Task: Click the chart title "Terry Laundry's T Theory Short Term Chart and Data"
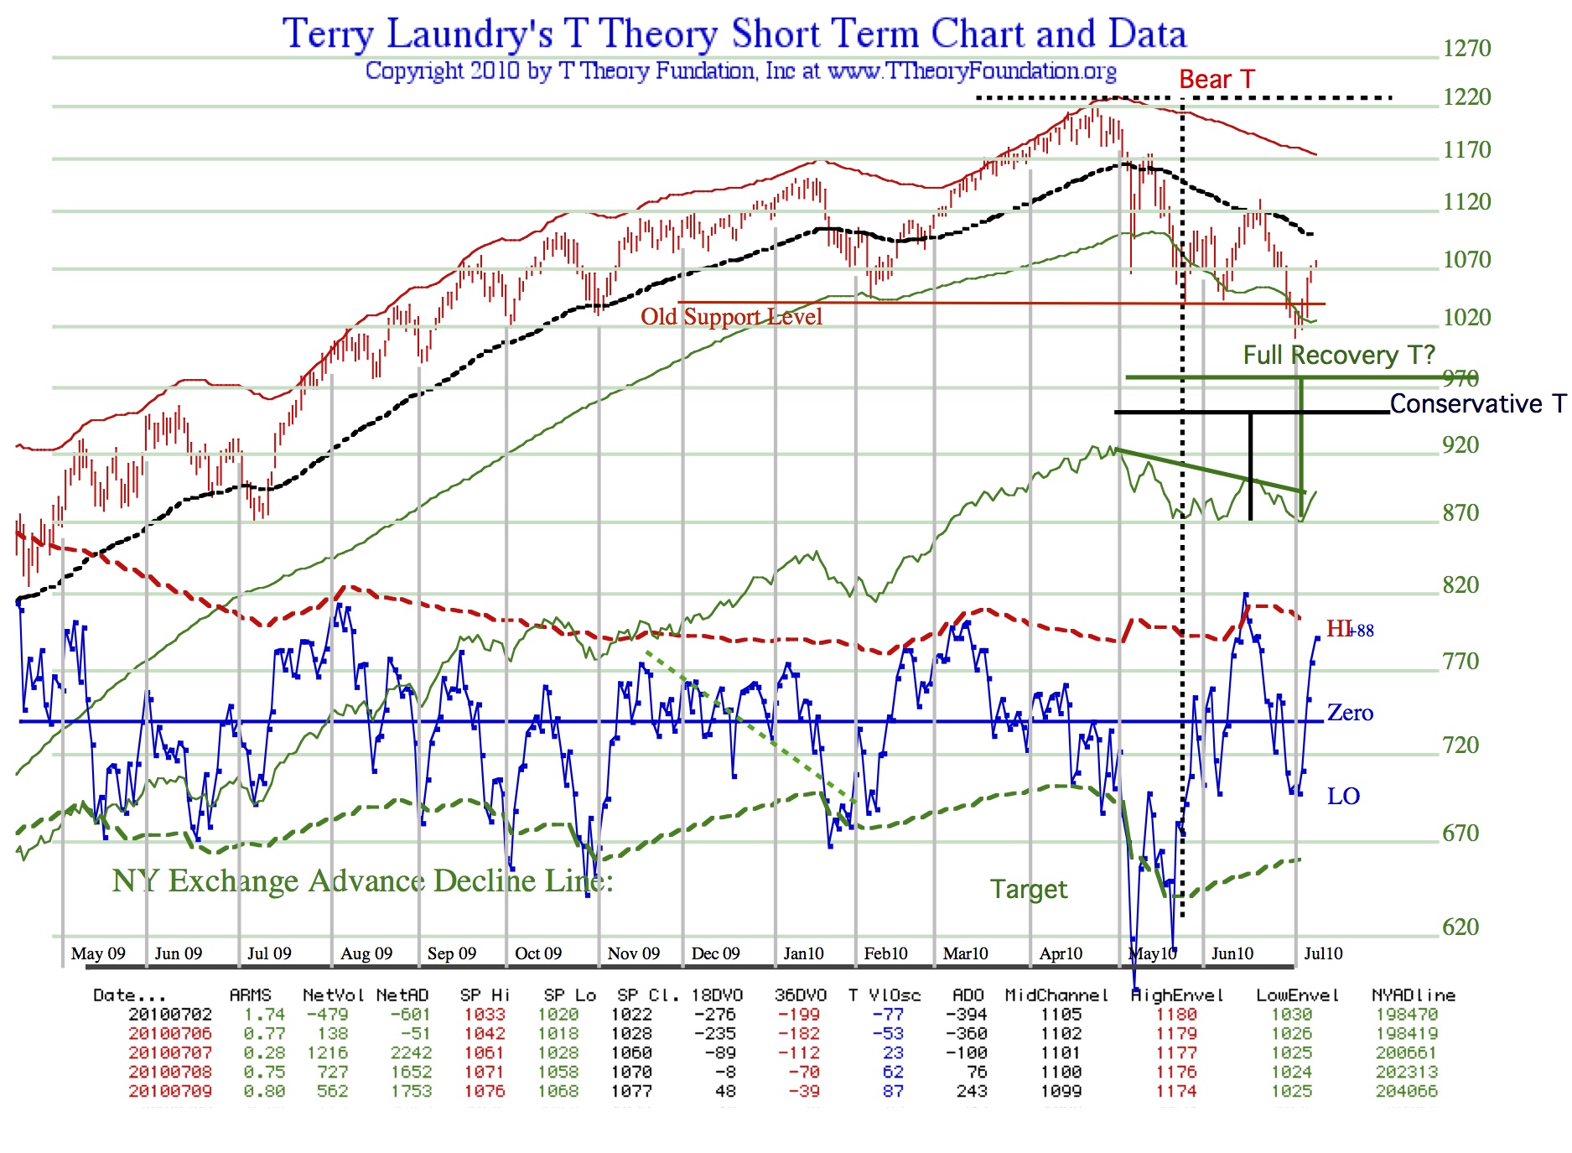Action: coord(734,34)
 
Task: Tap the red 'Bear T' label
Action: coord(1217,80)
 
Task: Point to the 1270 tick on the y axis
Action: coord(1466,49)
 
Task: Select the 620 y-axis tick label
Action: coord(1460,927)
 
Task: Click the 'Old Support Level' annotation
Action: coord(731,317)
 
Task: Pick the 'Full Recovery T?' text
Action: coord(1339,356)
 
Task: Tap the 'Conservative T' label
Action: coord(1477,404)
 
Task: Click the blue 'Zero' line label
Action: coord(1350,713)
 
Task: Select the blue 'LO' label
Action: coord(1343,796)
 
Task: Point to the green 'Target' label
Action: coord(1029,889)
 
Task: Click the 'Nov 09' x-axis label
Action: coord(633,953)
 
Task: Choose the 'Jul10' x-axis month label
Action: coord(1323,953)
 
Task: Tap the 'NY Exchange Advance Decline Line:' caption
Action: coord(362,881)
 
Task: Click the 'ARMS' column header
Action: coord(250,995)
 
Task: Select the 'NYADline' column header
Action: coord(1413,995)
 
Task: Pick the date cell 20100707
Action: coord(170,1052)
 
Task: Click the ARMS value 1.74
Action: coord(264,1015)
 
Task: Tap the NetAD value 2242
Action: coord(411,1052)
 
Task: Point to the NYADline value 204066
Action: coord(1406,1091)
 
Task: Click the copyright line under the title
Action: coord(740,71)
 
